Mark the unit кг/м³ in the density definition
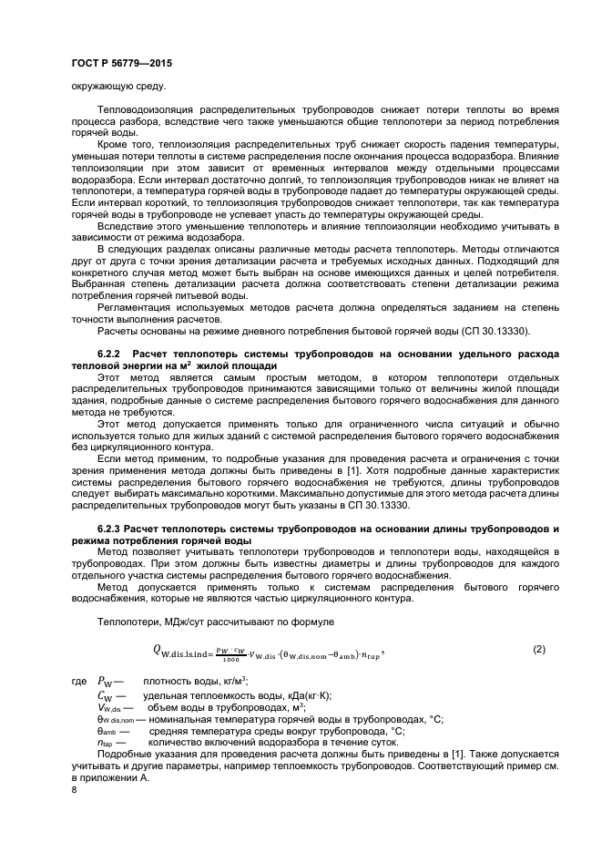(x=230, y=681)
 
